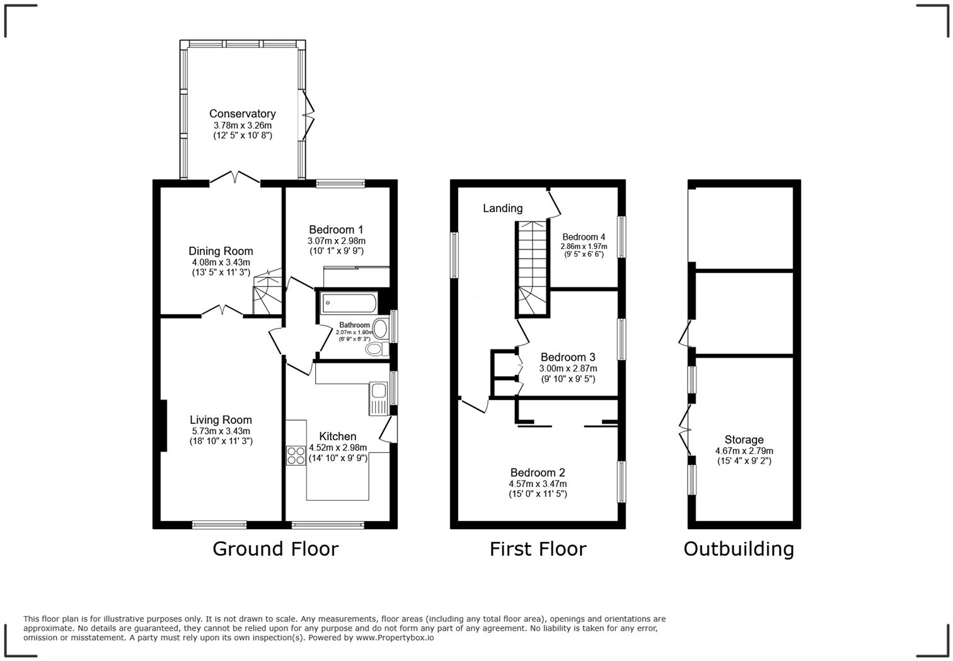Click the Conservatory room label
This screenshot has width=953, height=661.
coord(243,114)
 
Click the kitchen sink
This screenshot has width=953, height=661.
coord(378,399)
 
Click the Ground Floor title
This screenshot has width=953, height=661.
coord(275,549)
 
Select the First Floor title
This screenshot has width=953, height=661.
coord(538,549)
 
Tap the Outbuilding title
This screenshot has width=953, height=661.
coord(739,549)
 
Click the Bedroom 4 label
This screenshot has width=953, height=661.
coord(584,237)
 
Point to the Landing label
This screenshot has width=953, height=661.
coord(502,208)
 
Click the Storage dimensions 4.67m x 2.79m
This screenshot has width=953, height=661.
coord(744,451)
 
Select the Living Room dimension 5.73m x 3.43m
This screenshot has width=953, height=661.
coord(221,431)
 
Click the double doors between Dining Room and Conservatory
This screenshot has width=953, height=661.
coord(234,180)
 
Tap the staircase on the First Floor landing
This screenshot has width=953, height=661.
coord(533,268)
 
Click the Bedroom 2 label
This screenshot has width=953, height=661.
coord(538,472)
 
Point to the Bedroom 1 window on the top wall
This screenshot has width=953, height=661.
coord(340,184)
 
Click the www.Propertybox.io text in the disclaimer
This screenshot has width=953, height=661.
coord(395,638)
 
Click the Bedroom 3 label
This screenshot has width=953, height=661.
coord(568,357)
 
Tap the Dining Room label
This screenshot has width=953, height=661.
coord(221,251)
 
